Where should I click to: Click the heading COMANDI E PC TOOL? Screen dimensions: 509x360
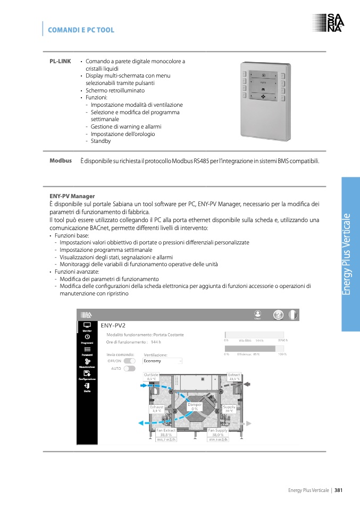[81, 30]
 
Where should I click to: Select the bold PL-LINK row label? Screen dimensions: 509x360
[60, 62]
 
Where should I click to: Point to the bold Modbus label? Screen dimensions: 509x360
[61, 160]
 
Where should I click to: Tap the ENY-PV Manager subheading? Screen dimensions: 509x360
[72, 196]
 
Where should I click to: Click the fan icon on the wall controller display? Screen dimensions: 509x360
[263, 98]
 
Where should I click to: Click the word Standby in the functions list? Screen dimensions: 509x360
[101, 141]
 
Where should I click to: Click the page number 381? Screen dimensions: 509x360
[338, 490]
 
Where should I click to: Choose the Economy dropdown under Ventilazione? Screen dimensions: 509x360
[163, 361]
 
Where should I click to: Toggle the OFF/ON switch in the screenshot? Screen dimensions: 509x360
[129, 361]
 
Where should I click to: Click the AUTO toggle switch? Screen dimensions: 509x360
[129, 368]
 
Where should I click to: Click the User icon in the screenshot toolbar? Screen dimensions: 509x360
[257, 315]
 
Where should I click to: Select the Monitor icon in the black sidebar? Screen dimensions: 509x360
[87, 326]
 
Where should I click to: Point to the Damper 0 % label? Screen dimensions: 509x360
[195, 406]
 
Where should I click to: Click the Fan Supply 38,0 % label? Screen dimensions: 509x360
[218, 432]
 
